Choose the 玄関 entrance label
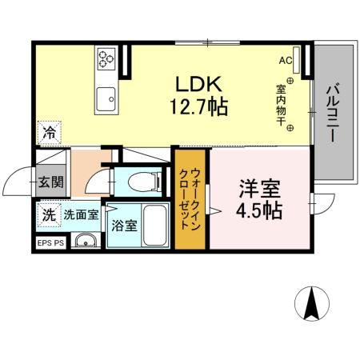pos(50,182)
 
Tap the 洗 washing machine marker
pos(49,214)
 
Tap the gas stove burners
pos(107,58)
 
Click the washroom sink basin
pos(84,242)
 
